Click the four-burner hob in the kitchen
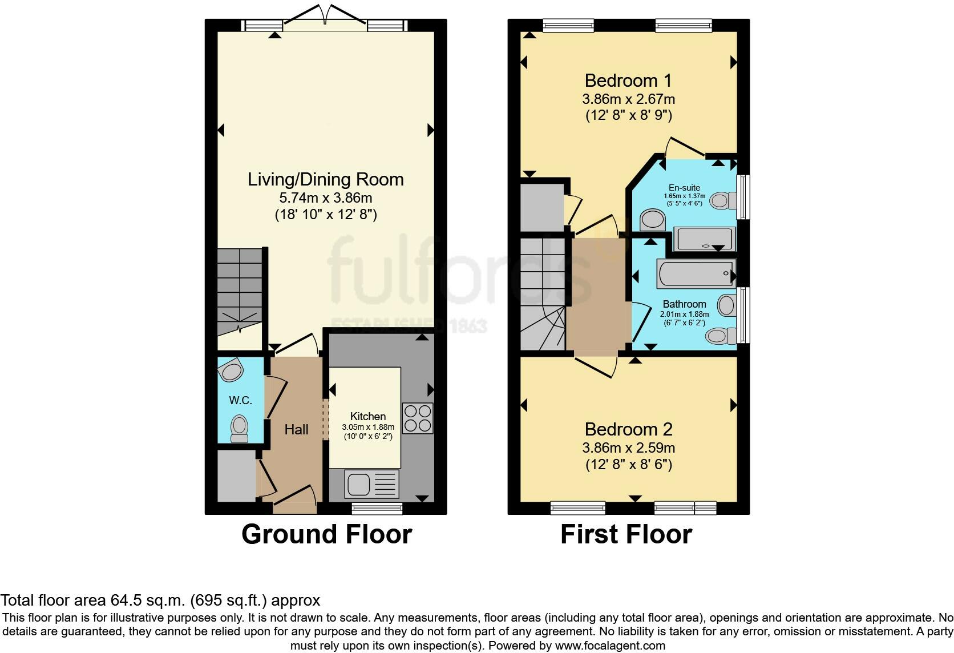418,418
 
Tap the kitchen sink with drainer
371,484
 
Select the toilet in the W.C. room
239,429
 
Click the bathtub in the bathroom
697,273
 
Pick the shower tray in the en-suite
705,239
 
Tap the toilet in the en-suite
723,200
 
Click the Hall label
297,429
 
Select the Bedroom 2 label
629,429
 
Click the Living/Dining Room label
326,179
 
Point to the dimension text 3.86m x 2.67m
629,99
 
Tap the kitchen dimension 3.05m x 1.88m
368,427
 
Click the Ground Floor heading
327,534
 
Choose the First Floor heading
626,534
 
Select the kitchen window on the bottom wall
377,508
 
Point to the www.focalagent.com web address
610,646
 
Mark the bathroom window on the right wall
743,315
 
